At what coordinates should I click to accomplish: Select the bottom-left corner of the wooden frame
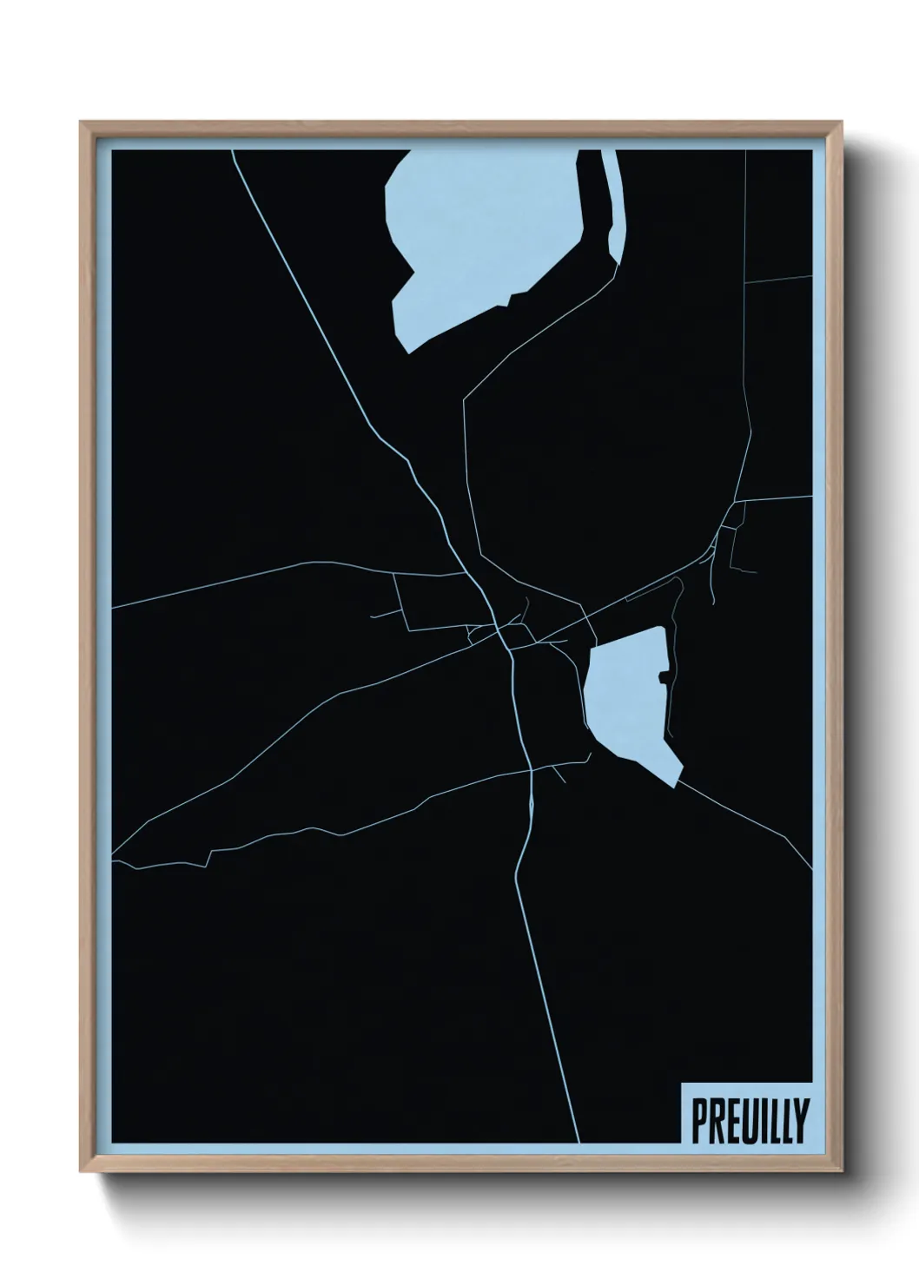pyautogui.click(x=83, y=1171)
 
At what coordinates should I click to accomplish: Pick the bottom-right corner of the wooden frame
pyautogui.click(x=842, y=1171)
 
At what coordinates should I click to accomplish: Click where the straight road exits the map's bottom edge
pyautogui.click(x=579, y=1141)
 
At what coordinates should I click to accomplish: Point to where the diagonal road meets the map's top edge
pyautogui.click(x=234, y=151)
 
